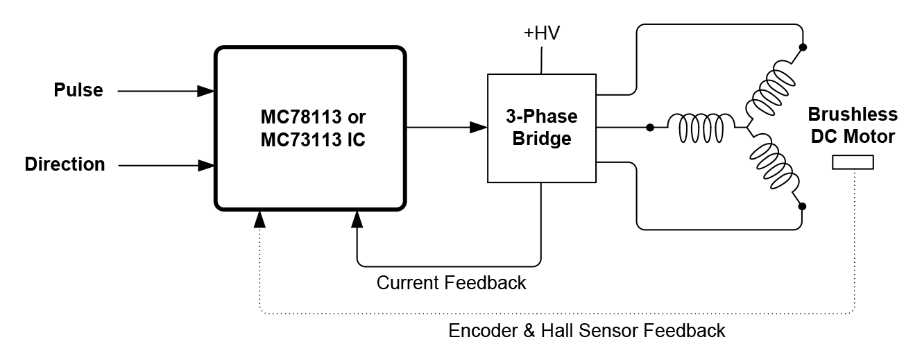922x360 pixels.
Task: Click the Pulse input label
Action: [x=78, y=90]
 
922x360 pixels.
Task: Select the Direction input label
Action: [x=65, y=164]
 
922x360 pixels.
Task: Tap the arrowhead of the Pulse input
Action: [x=205, y=90]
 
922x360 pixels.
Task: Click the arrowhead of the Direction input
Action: [x=205, y=165]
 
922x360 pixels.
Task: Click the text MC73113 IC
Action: [x=313, y=139]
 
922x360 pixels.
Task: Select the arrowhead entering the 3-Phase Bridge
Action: [x=479, y=127]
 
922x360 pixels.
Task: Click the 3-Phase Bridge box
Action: [x=541, y=128]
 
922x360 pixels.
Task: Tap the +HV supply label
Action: [x=542, y=33]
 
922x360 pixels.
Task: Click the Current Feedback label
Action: [x=451, y=283]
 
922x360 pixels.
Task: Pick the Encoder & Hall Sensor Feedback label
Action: [x=587, y=330]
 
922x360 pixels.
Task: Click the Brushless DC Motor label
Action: [x=853, y=126]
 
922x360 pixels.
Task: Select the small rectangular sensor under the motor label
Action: [x=853, y=162]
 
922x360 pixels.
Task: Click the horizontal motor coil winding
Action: [x=699, y=128]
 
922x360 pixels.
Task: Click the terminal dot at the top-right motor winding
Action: [x=803, y=48]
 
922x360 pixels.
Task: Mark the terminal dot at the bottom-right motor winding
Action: [x=803, y=206]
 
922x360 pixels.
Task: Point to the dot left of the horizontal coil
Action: [x=649, y=128]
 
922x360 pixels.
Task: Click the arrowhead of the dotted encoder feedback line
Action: [x=259, y=218]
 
